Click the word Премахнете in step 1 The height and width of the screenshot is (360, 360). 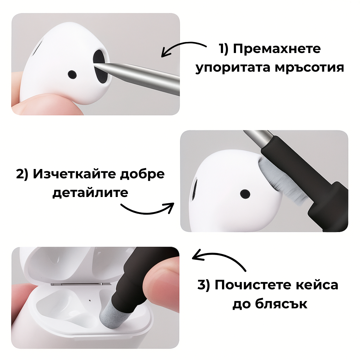pyautogui.click(x=277, y=49)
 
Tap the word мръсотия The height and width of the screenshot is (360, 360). pyautogui.click(x=309, y=68)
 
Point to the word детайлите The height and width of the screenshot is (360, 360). pyautogui.click(x=90, y=193)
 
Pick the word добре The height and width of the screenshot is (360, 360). pyautogui.click(x=142, y=174)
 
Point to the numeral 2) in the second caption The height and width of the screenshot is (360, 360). pyautogui.click(x=22, y=174)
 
